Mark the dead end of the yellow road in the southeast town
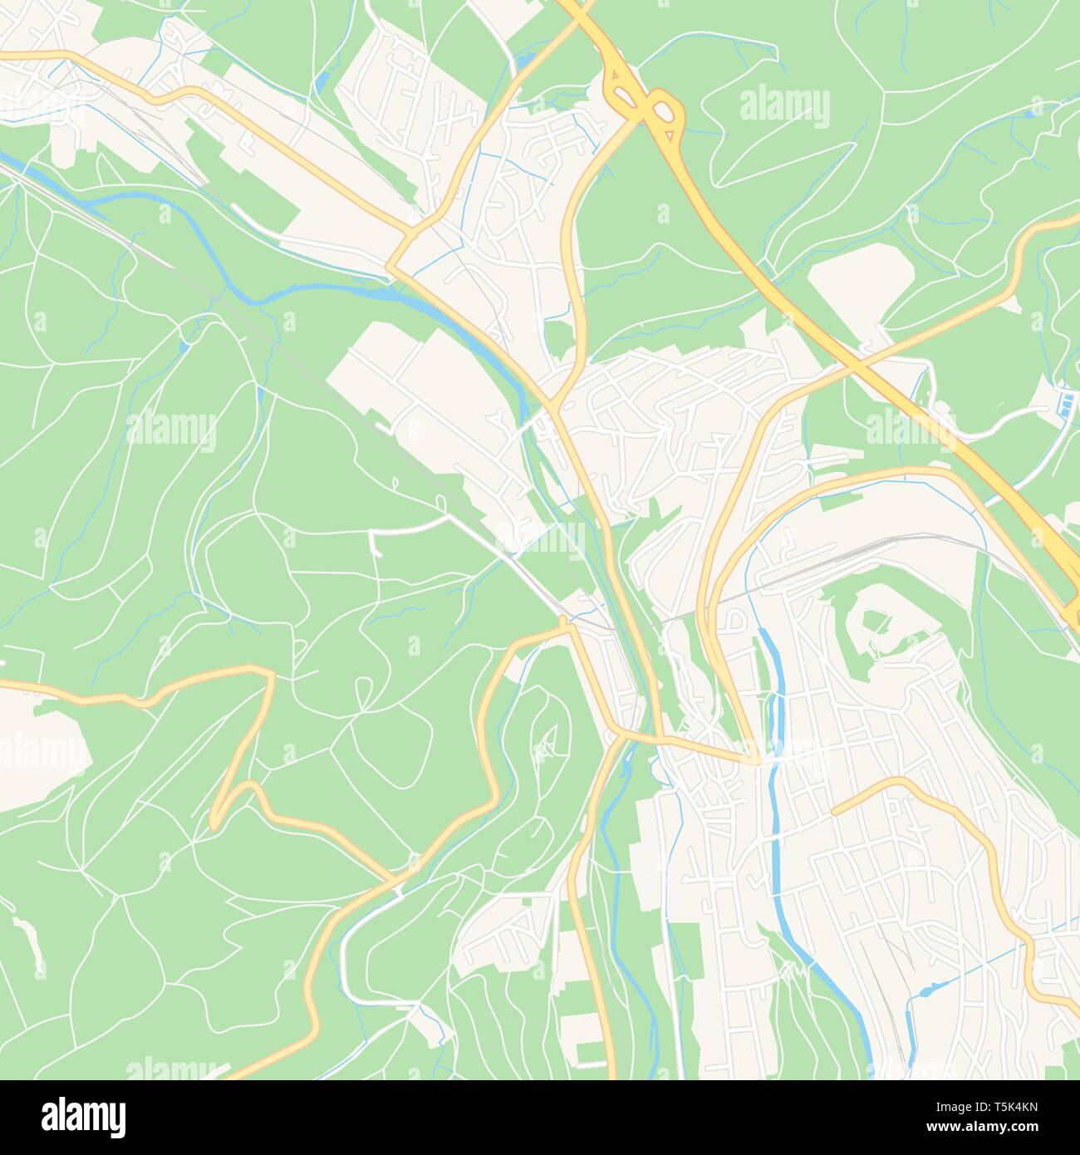pos(834,810)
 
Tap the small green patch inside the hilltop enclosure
pos(873,620)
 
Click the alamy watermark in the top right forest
pos(783,106)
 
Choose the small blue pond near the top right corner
pos(1036,106)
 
